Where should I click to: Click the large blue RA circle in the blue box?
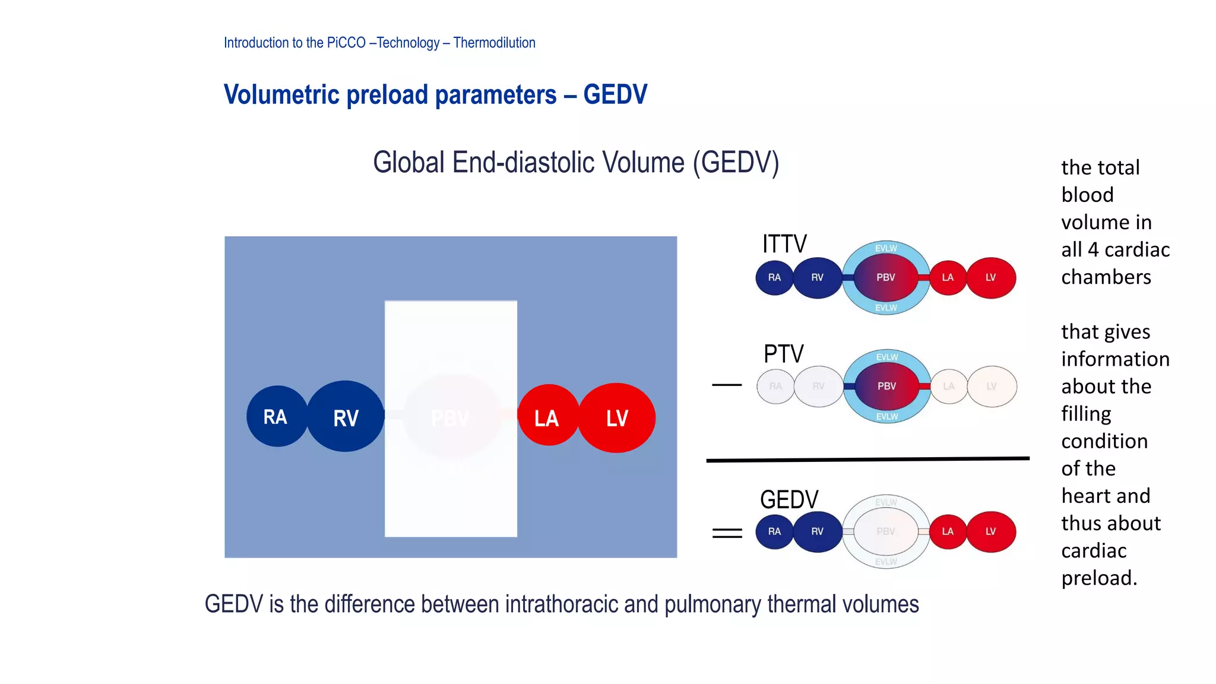coord(276,416)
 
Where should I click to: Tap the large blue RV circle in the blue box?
coord(346,417)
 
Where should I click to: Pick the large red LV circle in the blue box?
coord(617,417)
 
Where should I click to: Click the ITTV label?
coord(784,244)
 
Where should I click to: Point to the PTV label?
coord(783,354)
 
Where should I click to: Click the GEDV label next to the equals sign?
coord(789,499)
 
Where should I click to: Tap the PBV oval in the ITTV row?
coord(885,277)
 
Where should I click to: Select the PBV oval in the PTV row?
coord(886,386)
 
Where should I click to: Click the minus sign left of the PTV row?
coord(727,385)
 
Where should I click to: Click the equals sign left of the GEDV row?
coord(727,533)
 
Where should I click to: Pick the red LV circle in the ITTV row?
coord(991,277)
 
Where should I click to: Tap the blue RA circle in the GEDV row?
coord(774,531)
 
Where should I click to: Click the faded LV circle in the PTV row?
coord(992,386)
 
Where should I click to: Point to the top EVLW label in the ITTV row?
coord(886,248)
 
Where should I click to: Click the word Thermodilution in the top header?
coord(494,43)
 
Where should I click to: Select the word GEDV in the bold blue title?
coord(615,94)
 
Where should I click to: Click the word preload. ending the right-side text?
coord(1099,578)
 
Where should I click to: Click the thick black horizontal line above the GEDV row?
coord(867,459)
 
